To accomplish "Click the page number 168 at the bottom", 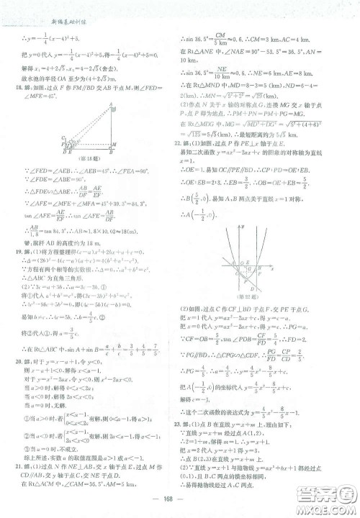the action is coord(180,501).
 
